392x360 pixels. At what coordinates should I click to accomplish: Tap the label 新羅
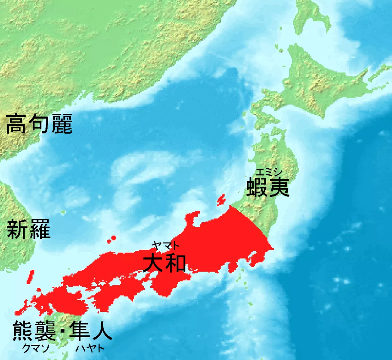29,230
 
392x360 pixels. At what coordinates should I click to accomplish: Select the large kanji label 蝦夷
268,187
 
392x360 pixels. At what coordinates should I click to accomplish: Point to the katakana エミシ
268,172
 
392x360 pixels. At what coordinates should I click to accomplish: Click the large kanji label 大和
164,263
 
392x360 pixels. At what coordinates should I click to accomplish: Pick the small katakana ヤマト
165,245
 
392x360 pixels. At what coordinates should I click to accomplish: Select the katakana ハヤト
90,349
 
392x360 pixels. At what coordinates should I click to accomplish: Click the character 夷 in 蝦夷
279,187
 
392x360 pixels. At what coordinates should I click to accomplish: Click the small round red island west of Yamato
113,238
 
